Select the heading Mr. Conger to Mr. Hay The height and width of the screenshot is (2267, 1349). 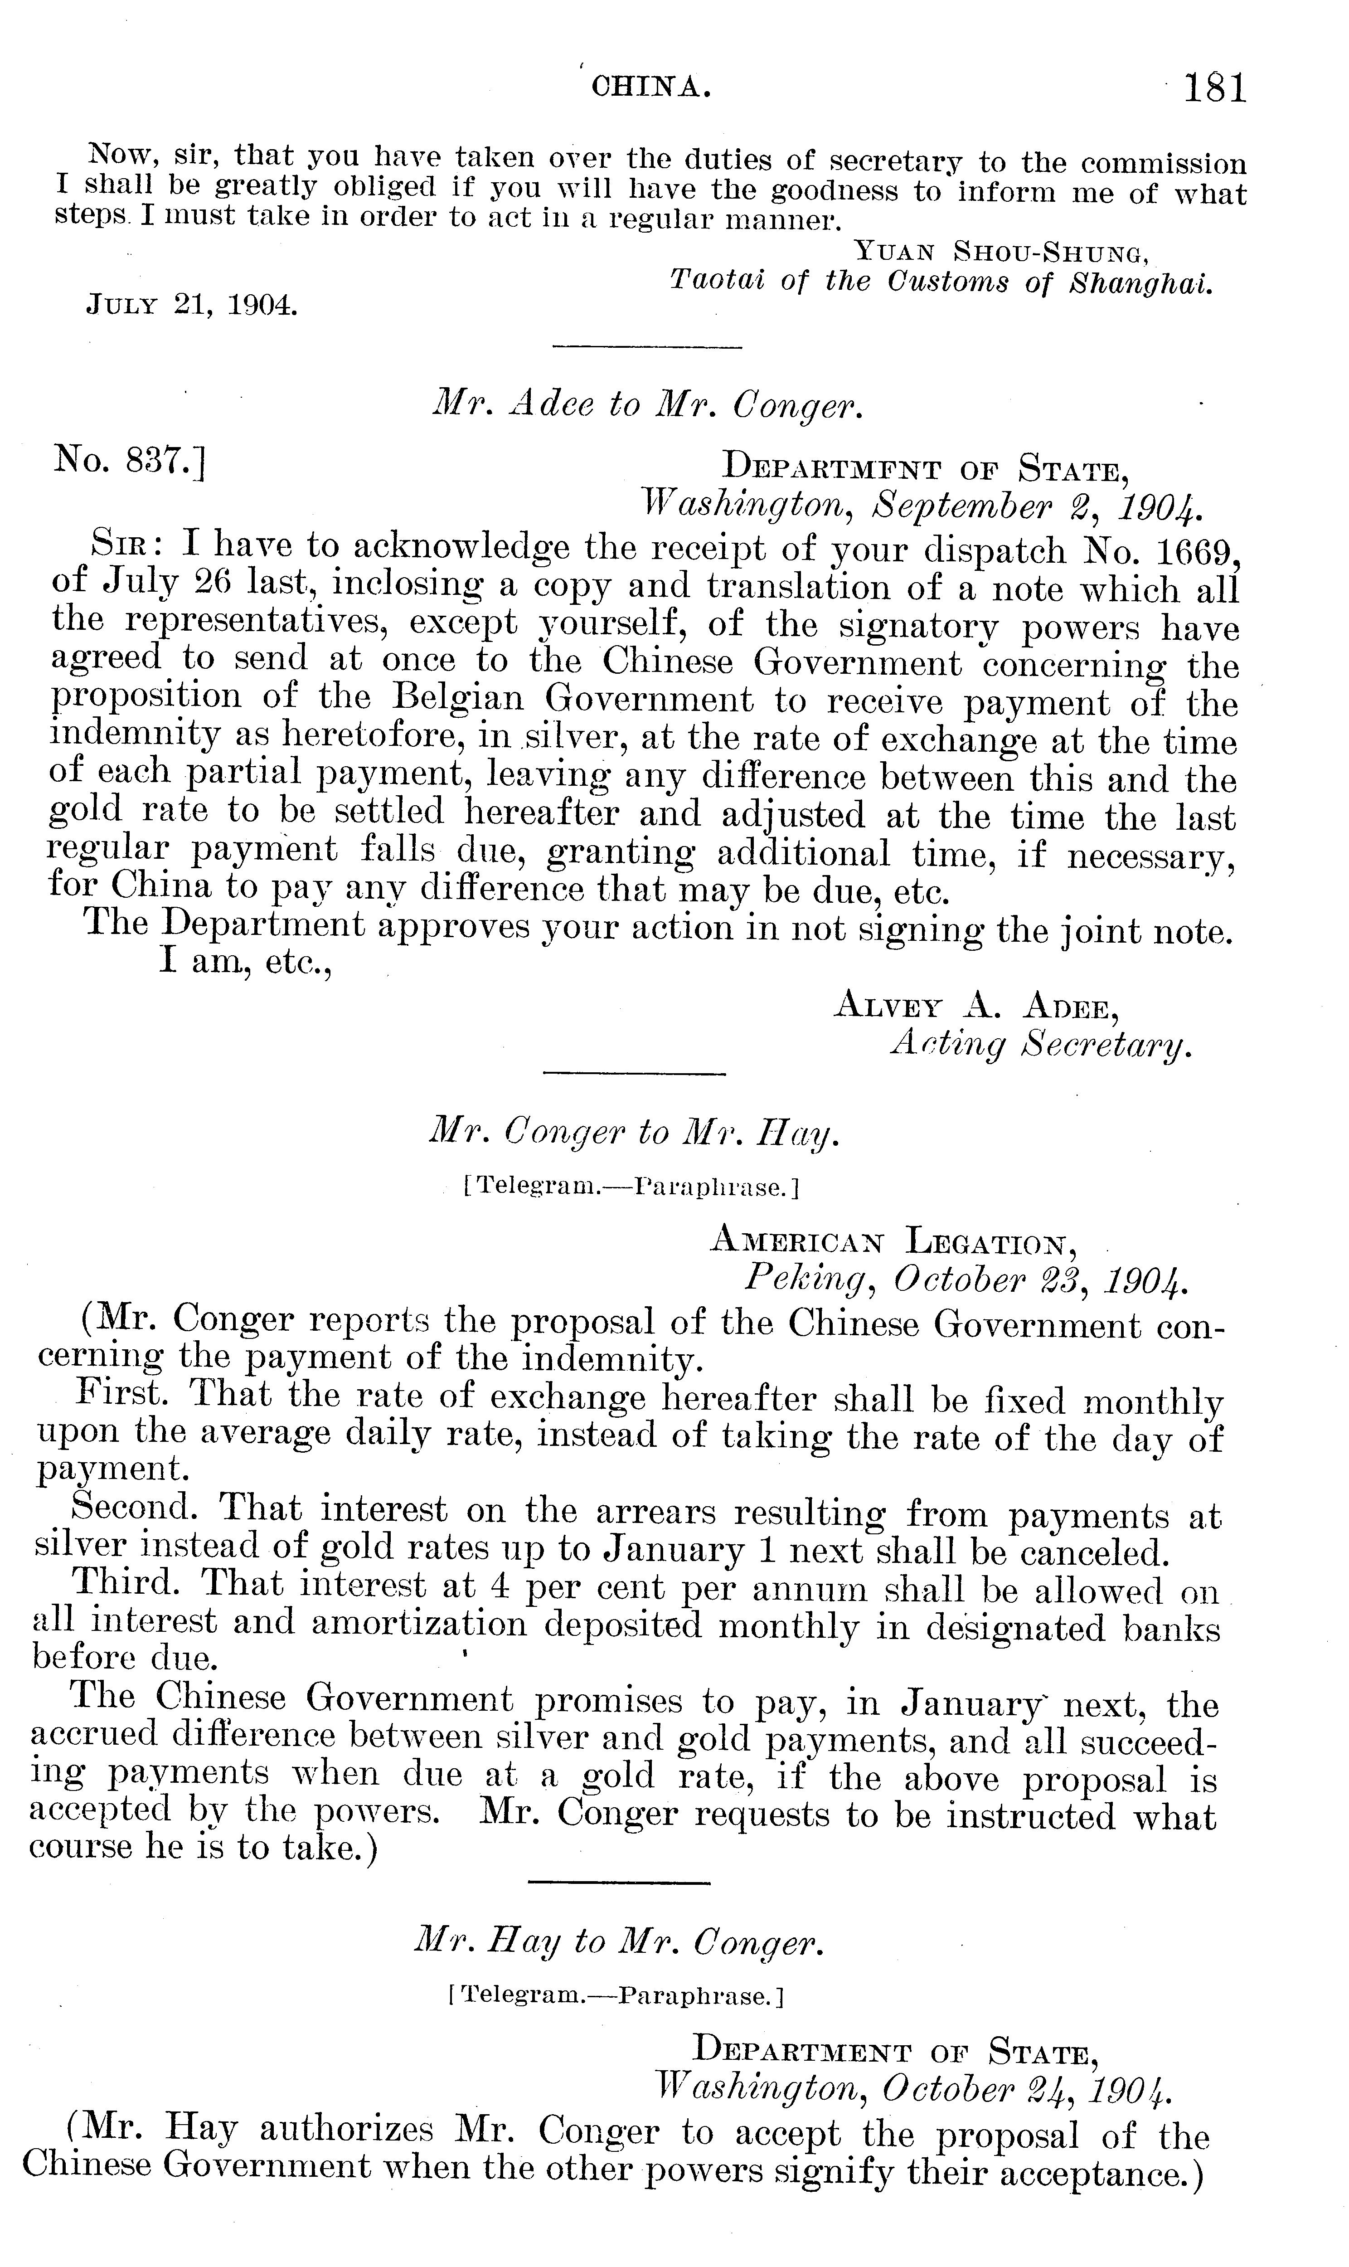[634, 1133]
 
